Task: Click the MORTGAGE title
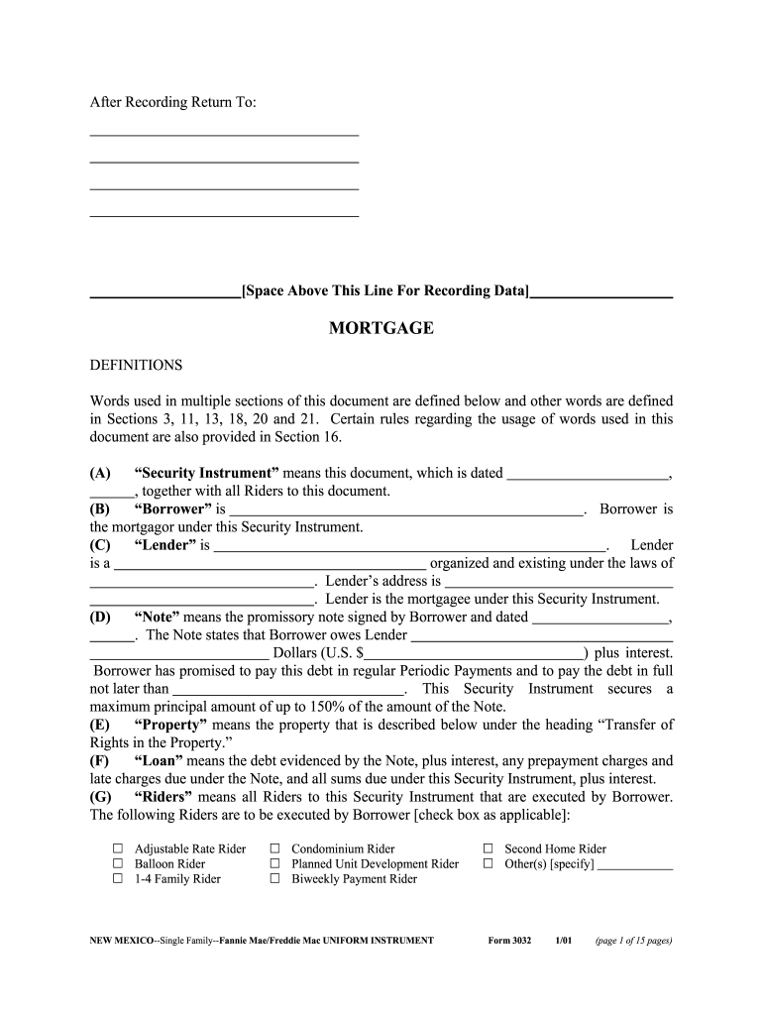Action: (381, 328)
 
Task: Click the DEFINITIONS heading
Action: (137, 365)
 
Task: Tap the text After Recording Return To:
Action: (173, 102)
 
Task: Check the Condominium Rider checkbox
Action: (274, 848)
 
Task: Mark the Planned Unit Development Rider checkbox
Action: (274, 863)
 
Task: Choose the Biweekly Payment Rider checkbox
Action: (274, 878)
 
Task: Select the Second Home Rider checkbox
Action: (488, 848)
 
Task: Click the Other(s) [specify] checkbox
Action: (488, 863)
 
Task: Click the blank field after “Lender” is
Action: (408, 546)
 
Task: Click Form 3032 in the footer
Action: (509, 940)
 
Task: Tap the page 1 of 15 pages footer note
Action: (633, 940)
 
